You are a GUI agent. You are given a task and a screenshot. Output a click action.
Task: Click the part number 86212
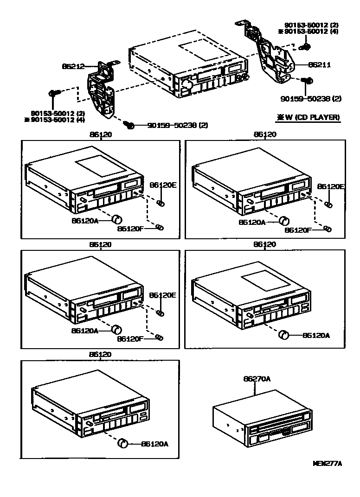73,66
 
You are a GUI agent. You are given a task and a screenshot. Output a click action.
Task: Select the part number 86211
319,65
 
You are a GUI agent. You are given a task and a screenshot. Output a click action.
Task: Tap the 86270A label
257,379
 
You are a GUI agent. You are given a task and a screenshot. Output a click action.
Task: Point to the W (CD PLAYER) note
308,117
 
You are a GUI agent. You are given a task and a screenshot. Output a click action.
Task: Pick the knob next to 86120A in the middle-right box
284,335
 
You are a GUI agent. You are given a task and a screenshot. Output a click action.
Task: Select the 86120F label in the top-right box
297,230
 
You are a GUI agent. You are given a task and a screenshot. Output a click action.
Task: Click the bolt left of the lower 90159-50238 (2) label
130,125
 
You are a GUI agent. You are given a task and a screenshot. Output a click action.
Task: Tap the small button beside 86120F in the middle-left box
159,337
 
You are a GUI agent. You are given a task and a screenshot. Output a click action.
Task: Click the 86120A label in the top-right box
252,222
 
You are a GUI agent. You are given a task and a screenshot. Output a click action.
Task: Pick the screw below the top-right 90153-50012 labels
306,46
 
